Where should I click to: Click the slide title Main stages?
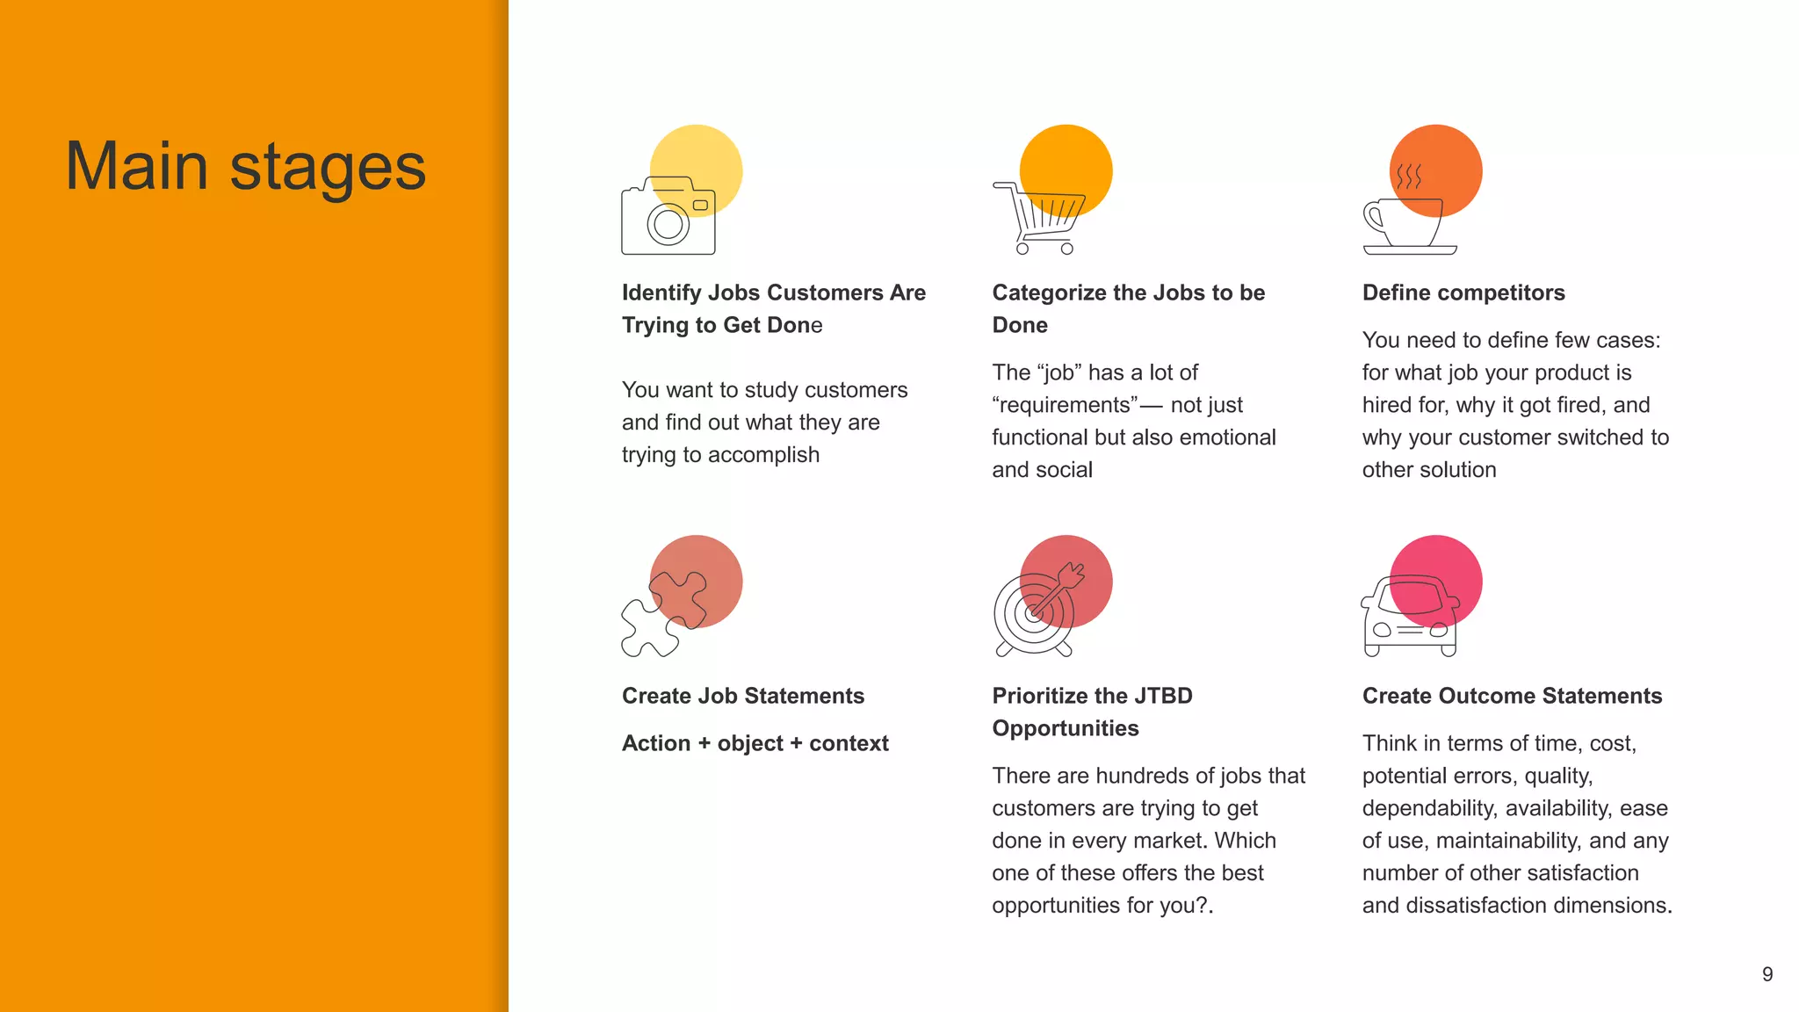click(x=246, y=166)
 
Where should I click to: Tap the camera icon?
click(x=668, y=217)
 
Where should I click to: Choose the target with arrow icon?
click(x=1037, y=611)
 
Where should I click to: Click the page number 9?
click(x=1767, y=974)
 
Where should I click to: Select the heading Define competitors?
click(x=1463, y=293)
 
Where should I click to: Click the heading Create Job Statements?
click(x=743, y=696)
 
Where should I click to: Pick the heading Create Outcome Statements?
click(x=1512, y=696)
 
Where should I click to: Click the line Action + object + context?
click(x=755, y=743)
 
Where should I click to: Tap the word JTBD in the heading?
click(x=1163, y=696)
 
